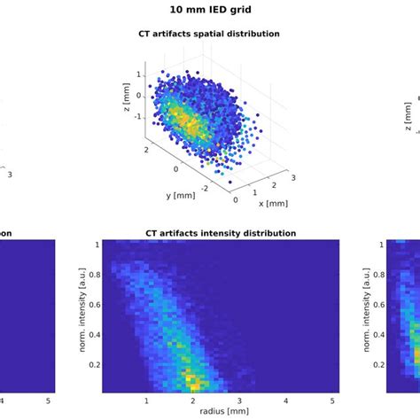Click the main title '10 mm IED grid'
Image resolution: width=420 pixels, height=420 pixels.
click(x=211, y=12)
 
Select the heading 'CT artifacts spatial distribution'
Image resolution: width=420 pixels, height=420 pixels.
click(x=211, y=34)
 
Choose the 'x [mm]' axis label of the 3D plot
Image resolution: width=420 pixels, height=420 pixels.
click(x=275, y=202)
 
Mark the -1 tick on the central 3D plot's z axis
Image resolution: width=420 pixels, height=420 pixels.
click(x=138, y=116)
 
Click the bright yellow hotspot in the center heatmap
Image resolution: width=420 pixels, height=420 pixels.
click(x=191, y=382)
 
